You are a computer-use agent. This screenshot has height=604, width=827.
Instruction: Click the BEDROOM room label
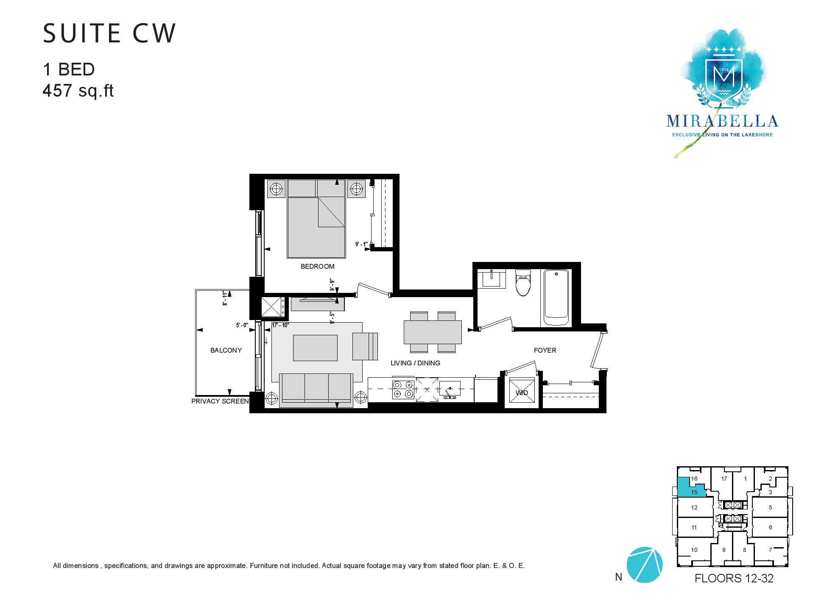click(x=317, y=267)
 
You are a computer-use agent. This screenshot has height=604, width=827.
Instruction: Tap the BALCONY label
click(x=226, y=350)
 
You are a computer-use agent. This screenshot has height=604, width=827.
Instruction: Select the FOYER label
click(x=545, y=350)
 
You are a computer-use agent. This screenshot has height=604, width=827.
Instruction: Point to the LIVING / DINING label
click(x=415, y=363)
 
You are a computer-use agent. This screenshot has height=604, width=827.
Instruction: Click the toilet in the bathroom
click(x=522, y=283)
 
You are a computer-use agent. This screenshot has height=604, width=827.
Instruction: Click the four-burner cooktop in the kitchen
click(x=403, y=389)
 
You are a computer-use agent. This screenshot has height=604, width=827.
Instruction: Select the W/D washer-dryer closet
click(x=522, y=392)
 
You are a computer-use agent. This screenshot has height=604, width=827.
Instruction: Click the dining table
click(x=433, y=332)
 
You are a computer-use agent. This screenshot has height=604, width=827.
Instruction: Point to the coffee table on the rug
click(x=315, y=348)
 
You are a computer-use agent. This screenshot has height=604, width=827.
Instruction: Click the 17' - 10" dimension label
click(x=280, y=325)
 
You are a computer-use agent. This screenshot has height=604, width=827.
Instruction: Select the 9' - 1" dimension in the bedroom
click(x=363, y=244)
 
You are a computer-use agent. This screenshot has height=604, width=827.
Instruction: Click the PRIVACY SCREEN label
click(x=220, y=401)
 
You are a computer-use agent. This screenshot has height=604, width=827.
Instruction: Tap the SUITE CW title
click(x=109, y=33)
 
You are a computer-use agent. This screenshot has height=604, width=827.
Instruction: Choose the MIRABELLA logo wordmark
click(x=722, y=121)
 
